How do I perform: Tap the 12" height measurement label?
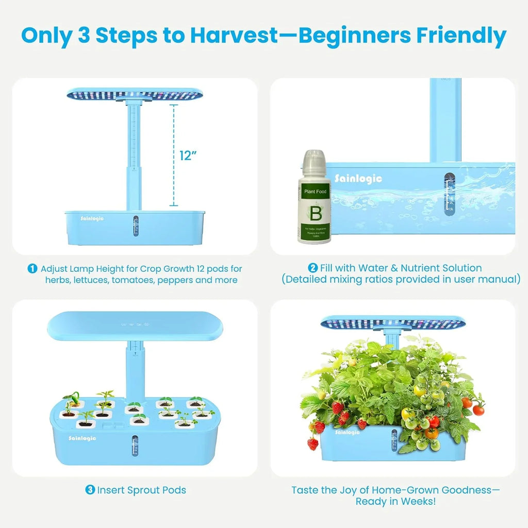click(x=189, y=156)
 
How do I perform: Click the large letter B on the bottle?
click(x=314, y=212)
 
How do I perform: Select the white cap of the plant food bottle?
click(x=313, y=161)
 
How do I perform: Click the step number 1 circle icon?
click(x=32, y=269)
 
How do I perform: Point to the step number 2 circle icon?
click(x=312, y=268)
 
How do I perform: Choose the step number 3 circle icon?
click(x=90, y=490)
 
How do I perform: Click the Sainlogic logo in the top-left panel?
click(x=91, y=219)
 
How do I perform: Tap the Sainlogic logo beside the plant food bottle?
click(x=358, y=178)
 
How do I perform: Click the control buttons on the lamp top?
click(x=134, y=325)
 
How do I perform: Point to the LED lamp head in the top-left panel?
click(x=134, y=94)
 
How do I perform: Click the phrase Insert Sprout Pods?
click(x=142, y=490)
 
